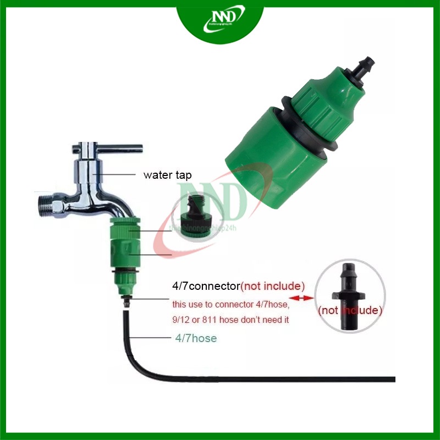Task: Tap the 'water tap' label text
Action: tap(168, 175)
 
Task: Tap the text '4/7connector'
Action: tap(206, 287)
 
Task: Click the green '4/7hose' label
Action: tap(195, 339)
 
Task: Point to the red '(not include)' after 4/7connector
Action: tap(273, 287)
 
